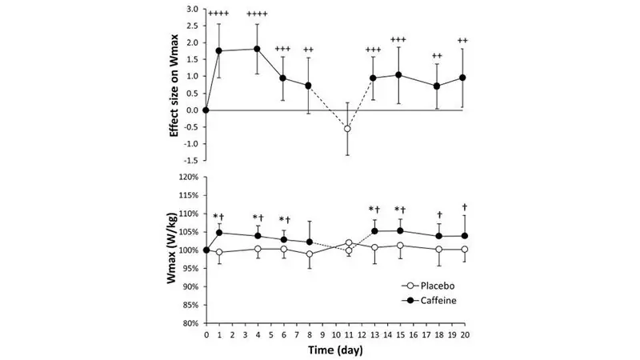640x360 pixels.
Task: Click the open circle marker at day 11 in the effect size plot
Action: click(347, 128)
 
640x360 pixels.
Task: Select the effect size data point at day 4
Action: click(258, 49)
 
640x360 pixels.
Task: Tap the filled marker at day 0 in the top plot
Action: click(206, 110)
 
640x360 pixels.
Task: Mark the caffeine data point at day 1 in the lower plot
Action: click(218, 234)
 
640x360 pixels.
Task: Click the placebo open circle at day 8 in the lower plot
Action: click(309, 254)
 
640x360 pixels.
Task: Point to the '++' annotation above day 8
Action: click(309, 50)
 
